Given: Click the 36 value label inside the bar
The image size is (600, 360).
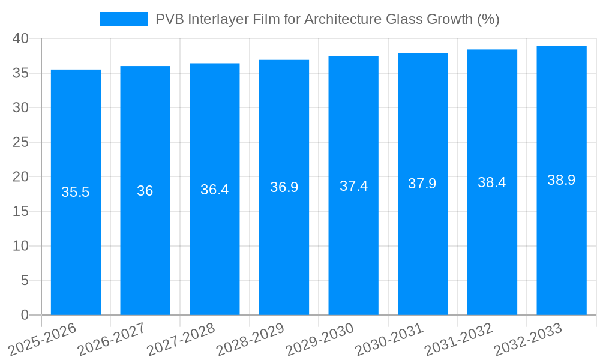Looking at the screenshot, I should point(145,191).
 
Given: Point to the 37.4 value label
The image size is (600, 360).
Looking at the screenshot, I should point(353,186).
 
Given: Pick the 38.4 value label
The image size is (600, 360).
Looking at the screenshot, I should point(492,182).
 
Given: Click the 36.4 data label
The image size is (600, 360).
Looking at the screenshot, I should point(214,190).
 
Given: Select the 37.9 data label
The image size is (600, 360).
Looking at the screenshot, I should point(422,184).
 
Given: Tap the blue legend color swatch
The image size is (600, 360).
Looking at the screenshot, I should point(124,19).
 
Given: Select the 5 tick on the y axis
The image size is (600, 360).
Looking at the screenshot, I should point(25,280).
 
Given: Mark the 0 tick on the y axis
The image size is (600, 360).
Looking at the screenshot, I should point(25,315).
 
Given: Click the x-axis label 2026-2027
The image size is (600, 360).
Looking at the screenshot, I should point(107,340).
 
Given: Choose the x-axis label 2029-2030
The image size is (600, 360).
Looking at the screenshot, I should point(315,340).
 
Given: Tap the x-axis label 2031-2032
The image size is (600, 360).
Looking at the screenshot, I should point(454,340).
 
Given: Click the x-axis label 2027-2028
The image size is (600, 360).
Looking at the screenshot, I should point(176,340).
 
